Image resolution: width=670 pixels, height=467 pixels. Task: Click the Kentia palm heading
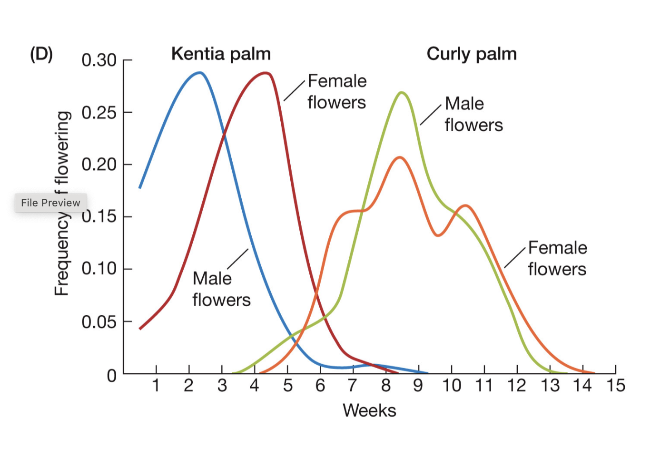click(221, 54)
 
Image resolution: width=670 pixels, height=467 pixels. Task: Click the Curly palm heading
click(471, 54)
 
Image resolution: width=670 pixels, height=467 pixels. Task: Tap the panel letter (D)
click(41, 54)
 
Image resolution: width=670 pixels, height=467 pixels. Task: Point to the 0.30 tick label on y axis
click(99, 60)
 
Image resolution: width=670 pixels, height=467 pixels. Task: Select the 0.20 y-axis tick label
click(99, 165)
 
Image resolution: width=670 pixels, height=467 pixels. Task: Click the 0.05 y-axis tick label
click(99, 322)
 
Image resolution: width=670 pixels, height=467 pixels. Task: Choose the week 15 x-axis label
click(615, 385)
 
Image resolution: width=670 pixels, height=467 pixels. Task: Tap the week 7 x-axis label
click(352, 385)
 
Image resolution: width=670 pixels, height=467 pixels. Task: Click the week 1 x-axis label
click(156, 385)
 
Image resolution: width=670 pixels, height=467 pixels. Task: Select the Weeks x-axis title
click(369, 410)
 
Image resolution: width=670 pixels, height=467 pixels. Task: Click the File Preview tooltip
click(50, 203)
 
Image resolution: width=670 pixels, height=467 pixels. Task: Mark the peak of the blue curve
click(200, 73)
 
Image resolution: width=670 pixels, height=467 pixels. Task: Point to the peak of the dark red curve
click(266, 73)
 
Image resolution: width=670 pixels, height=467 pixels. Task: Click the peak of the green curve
click(402, 92)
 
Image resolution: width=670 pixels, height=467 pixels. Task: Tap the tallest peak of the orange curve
click(399, 157)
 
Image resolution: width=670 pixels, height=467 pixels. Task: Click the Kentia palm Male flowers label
click(221, 289)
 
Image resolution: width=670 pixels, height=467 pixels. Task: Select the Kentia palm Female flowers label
click(337, 91)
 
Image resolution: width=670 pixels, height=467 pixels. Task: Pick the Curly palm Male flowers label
click(473, 114)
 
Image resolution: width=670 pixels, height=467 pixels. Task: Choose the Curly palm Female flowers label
click(557, 258)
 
